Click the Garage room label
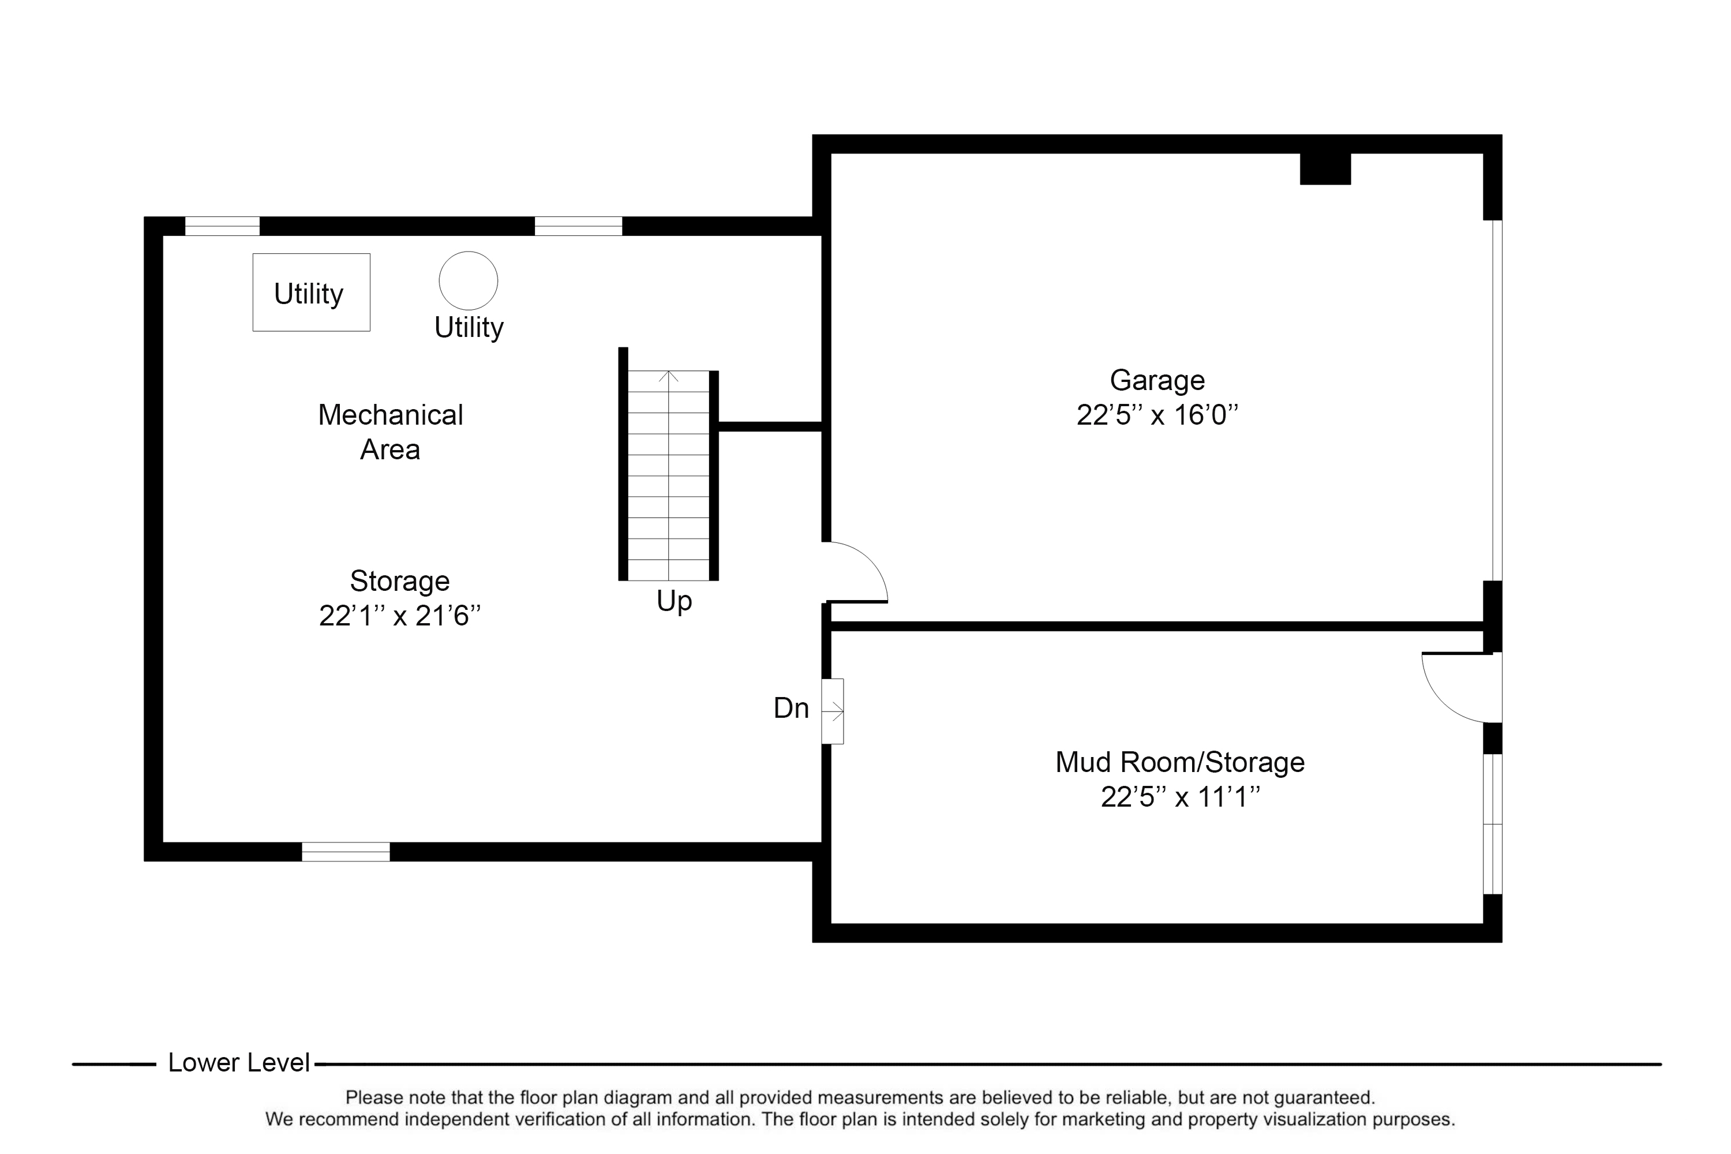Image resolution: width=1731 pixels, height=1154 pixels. [x=1157, y=380]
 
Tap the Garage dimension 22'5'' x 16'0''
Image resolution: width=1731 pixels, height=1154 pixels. [x=1157, y=415]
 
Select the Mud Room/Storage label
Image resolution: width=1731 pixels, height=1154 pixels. [x=1180, y=762]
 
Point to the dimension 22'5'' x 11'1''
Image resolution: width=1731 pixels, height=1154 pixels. [x=1180, y=797]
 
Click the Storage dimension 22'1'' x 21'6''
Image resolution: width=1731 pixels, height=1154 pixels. [x=400, y=615]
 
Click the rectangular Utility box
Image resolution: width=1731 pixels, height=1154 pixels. [x=312, y=293]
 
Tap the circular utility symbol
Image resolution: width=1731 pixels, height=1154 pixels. [x=468, y=280]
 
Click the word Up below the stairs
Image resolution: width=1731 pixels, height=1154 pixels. [x=673, y=601]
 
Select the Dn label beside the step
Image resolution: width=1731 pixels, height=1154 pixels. [x=791, y=708]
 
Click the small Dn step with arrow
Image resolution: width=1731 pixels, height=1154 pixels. [x=833, y=711]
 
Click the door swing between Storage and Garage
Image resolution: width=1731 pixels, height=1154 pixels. [x=855, y=572]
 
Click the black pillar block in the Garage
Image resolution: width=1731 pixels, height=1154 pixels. [x=1325, y=169]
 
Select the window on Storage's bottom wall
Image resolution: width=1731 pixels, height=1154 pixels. [x=346, y=852]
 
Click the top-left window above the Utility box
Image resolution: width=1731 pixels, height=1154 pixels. [x=222, y=226]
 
